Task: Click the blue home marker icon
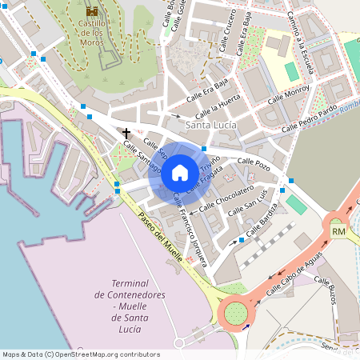tap(179, 172)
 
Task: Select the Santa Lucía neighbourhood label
tap(210, 126)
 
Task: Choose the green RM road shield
tap(338, 231)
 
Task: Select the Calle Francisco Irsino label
tap(190, 238)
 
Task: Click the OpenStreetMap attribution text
tap(80, 354)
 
